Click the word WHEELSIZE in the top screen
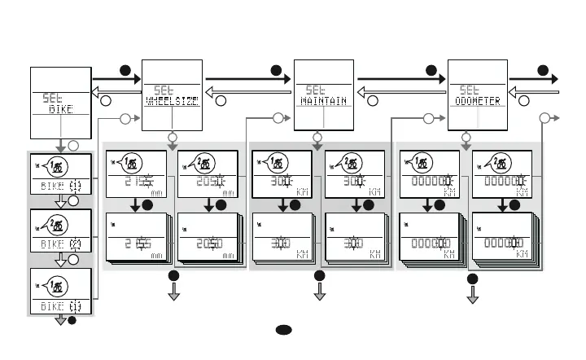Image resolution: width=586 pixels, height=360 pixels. click(172, 102)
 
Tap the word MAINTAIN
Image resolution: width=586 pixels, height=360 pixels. click(323, 102)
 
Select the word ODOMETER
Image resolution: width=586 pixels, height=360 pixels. click(475, 102)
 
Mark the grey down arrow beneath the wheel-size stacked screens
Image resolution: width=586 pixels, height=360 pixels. click(173, 291)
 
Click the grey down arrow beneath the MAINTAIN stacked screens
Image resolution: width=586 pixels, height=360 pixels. click(318, 291)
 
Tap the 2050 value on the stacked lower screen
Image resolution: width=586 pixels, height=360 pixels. click(201, 244)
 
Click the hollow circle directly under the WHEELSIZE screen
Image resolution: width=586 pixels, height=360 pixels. click(172, 136)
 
